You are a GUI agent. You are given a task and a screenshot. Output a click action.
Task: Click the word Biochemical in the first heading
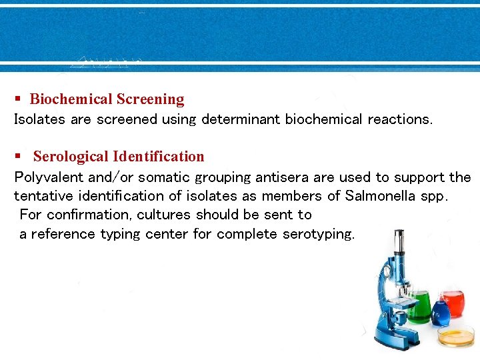click(71, 99)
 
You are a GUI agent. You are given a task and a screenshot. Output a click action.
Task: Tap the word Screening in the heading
click(150, 99)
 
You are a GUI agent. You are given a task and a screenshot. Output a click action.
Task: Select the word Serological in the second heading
click(71, 157)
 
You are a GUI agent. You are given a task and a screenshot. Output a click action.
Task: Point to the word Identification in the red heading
click(159, 157)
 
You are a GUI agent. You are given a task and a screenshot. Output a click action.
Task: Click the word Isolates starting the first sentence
click(37, 119)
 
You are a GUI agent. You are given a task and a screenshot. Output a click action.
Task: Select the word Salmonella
click(376, 196)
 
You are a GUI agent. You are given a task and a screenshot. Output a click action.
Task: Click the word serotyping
click(319, 234)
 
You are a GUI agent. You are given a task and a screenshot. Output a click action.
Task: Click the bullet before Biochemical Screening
click(19, 99)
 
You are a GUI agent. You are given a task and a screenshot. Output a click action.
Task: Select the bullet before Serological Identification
click(19, 157)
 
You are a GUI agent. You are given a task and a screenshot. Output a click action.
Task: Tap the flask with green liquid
click(419, 308)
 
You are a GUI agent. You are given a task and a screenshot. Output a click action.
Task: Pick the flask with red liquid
click(453, 303)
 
